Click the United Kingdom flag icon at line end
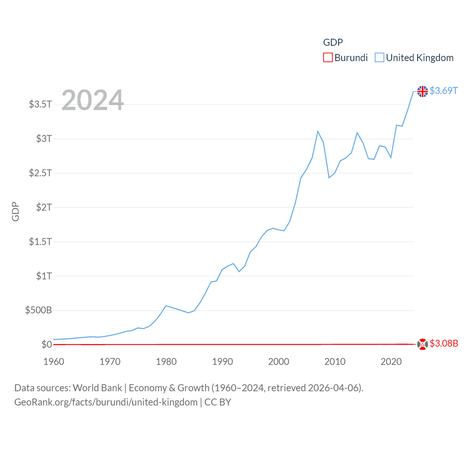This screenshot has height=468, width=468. pos(422,91)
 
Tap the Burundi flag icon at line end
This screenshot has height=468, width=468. pos(422,344)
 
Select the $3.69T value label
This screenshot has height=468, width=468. pos(444,91)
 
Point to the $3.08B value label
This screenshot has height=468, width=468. pos(444,344)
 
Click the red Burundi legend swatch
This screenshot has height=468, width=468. pos(328,58)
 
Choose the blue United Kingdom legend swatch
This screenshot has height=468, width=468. pos(380,58)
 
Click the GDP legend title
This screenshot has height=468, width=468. pos(333,42)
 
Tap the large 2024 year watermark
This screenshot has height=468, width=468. pos(93,100)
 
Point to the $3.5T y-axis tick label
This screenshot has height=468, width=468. pos(40,104)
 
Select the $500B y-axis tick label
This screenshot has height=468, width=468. pos(38,310)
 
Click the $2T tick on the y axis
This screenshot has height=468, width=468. pos(44,207)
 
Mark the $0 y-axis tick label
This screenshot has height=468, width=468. pos(46,344)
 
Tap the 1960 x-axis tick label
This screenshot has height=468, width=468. pos(54,362)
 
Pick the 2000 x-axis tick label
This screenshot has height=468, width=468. pos(279,362)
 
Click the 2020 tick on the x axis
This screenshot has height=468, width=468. pos(391,362)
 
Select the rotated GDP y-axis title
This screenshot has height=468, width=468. pos(15,211)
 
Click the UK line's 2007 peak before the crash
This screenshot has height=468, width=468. pos(318,131)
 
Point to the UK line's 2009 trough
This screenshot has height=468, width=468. pos(329,178)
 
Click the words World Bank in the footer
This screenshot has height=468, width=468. pos(97,388)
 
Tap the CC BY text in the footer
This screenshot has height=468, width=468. pos(218,403)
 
